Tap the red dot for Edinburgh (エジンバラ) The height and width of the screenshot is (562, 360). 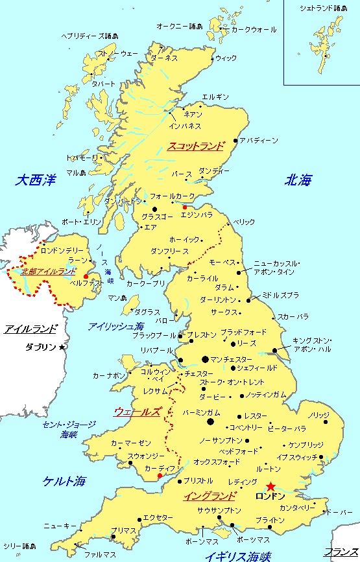click(185, 207)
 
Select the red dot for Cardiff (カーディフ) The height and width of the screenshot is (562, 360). click(160, 476)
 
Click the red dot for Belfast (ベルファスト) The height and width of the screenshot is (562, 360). click(86, 276)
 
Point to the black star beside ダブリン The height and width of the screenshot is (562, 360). click(62, 347)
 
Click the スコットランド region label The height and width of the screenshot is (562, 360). click(195, 146)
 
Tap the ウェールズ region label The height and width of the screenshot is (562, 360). click(138, 411)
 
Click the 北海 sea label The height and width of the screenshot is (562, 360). click(299, 181)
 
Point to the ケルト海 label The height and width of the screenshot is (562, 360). click(64, 481)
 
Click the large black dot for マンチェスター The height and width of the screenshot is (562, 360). click(206, 358)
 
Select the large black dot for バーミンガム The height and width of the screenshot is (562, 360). click(210, 422)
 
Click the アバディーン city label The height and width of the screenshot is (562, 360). click(259, 140)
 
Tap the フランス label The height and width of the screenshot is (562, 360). click(341, 552)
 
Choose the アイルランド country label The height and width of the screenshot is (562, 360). click(30, 329)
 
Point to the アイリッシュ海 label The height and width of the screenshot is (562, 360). click(116, 326)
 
